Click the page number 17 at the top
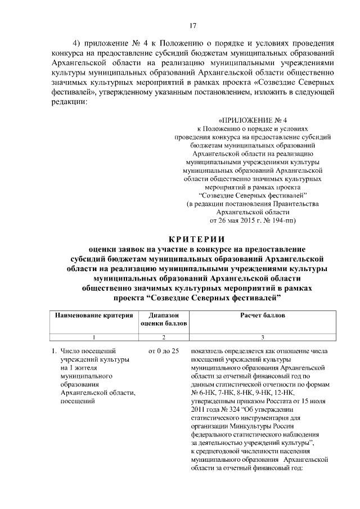[192, 25]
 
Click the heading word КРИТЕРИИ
[192, 238]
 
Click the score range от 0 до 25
[163, 351]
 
